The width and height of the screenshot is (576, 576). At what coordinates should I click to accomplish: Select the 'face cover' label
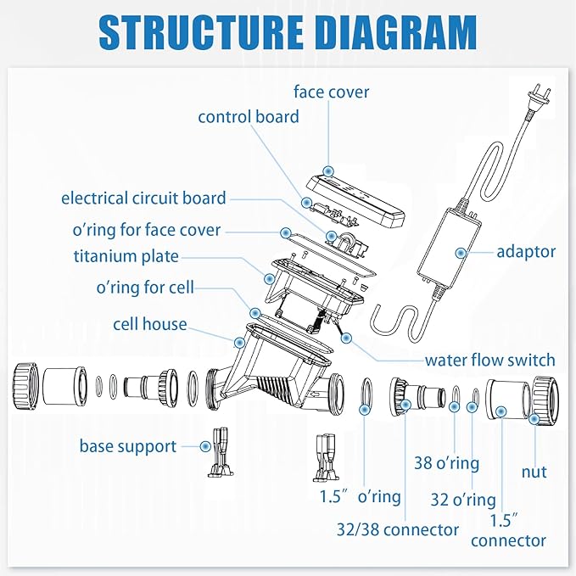click(332, 91)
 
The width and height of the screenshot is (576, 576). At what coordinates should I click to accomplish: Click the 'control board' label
click(248, 116)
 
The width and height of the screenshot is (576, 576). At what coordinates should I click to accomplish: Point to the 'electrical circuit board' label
click(143, 199)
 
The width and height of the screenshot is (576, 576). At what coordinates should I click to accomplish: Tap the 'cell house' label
click(149, 324)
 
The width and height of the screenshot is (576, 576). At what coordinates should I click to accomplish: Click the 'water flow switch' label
click(489, 360)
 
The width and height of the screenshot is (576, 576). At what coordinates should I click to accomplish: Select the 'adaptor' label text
click(526, 251)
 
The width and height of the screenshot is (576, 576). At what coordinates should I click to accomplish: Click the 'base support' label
click(128, 445)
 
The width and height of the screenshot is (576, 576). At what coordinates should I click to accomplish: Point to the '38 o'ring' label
click(446, 463)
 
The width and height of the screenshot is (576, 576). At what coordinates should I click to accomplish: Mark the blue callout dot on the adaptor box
click(460, 252)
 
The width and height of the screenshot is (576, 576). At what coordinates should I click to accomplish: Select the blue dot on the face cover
click(328, 171)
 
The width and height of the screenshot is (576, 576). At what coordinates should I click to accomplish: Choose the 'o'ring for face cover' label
click(147, 230)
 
